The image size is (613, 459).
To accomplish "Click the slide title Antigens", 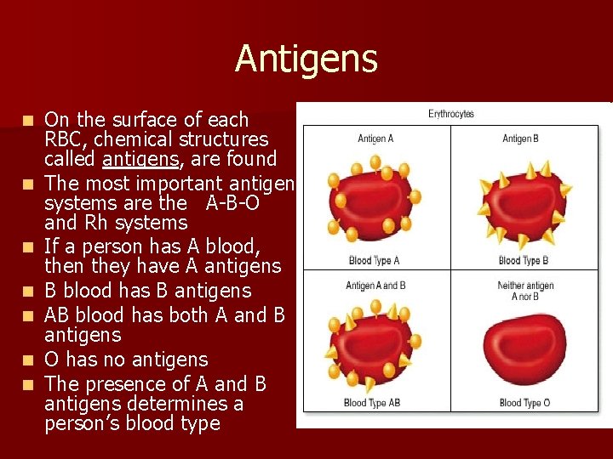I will click(306, 59).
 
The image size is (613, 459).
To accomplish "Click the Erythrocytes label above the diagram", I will click(450, 114).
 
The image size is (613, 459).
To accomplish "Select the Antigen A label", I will click(375, 139).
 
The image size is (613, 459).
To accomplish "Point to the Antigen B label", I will click(522, 139).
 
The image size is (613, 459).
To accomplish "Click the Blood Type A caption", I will click(374, 260).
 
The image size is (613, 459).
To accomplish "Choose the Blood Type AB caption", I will click(372, 402).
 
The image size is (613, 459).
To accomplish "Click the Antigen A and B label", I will click(375, 286).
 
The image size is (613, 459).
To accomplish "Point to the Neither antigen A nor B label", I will click(525, 291).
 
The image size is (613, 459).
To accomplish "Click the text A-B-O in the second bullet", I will click(232, 203).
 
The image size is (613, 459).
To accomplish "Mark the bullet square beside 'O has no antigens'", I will click(29, 360).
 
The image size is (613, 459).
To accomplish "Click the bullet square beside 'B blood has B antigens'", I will click(29, 292).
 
